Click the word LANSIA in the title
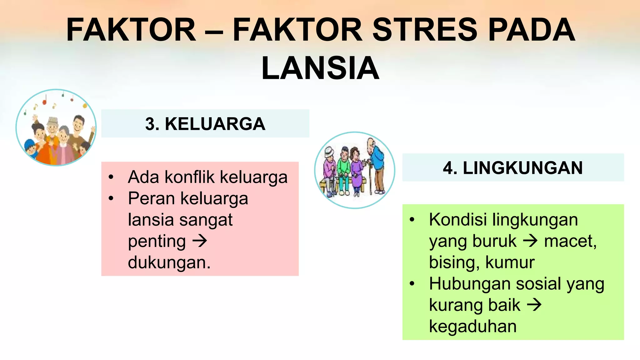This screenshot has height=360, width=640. [320, 68]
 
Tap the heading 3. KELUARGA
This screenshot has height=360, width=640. [205, 124]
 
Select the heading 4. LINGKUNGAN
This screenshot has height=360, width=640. [513, 168]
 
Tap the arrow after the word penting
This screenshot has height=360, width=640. [200, 241]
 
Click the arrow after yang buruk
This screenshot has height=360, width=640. [530, 241]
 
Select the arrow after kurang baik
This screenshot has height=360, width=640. [534, 305]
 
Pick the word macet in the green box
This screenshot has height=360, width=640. [569, 241]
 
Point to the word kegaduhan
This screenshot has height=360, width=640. [472, 327]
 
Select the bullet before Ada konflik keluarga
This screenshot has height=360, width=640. [111, 177]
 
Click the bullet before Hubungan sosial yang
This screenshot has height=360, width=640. [412, 284]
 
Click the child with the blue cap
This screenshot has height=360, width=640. [30, 149]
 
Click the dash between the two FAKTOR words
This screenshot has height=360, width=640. [214, 31]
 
